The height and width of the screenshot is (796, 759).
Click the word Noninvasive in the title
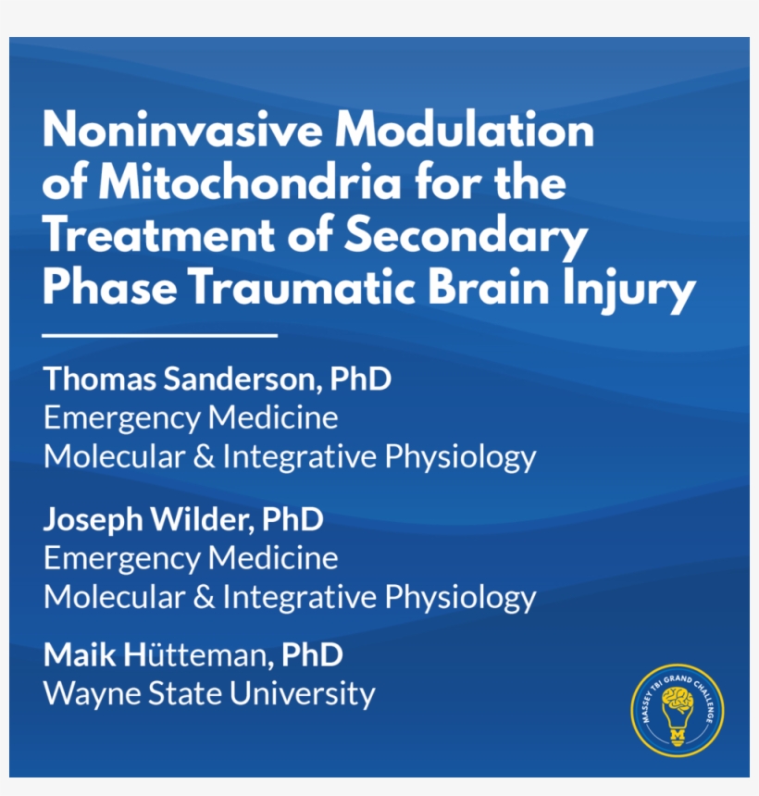click(182, 130)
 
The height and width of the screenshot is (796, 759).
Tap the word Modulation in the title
click(465, 130)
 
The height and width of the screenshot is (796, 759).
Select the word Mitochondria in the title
click(250, 181)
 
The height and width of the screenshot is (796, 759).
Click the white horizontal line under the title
click(160, 336)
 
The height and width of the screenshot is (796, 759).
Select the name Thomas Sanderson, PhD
click(218, 379)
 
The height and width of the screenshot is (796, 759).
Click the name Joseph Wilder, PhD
click(183, 519)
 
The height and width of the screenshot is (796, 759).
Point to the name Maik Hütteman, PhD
click(193, 654)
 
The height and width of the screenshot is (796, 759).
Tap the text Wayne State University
click(209, 693)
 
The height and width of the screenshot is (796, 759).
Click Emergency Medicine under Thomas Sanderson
click(191, 418)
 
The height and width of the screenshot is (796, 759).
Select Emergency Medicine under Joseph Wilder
click(191, 558)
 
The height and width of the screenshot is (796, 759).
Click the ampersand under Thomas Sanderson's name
click(204, 456)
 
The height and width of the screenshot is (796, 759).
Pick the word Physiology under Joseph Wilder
click(460, 598)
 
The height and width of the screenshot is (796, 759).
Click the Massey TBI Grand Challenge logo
click(678, 710)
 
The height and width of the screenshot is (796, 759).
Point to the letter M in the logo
click(678, 735)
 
